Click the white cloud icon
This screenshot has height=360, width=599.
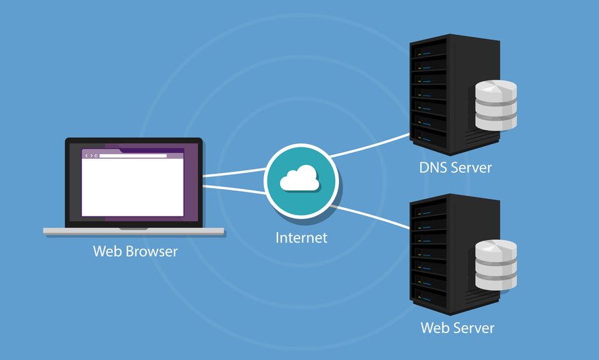click(298, 178)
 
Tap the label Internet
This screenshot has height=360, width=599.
click(302, 237)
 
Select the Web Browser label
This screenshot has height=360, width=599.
click(135, 252)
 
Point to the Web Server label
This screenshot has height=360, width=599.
click(457, 328)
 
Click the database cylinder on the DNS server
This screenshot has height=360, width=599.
click(496, 105)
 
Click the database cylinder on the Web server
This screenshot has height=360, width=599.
click(496, 265)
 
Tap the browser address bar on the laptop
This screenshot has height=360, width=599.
click(133, 156)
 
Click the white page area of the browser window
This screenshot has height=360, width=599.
click(133, 188)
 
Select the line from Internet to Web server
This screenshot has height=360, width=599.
click(372, 217)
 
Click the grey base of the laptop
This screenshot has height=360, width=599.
click(133, 231)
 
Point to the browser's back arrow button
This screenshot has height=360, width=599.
click(86, 156)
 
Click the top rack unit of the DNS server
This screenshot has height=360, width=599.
click(429, 48)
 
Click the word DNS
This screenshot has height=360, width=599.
click(434, 168)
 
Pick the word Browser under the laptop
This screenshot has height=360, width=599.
click(154, 252)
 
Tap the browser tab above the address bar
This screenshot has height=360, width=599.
click(101, 151)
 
